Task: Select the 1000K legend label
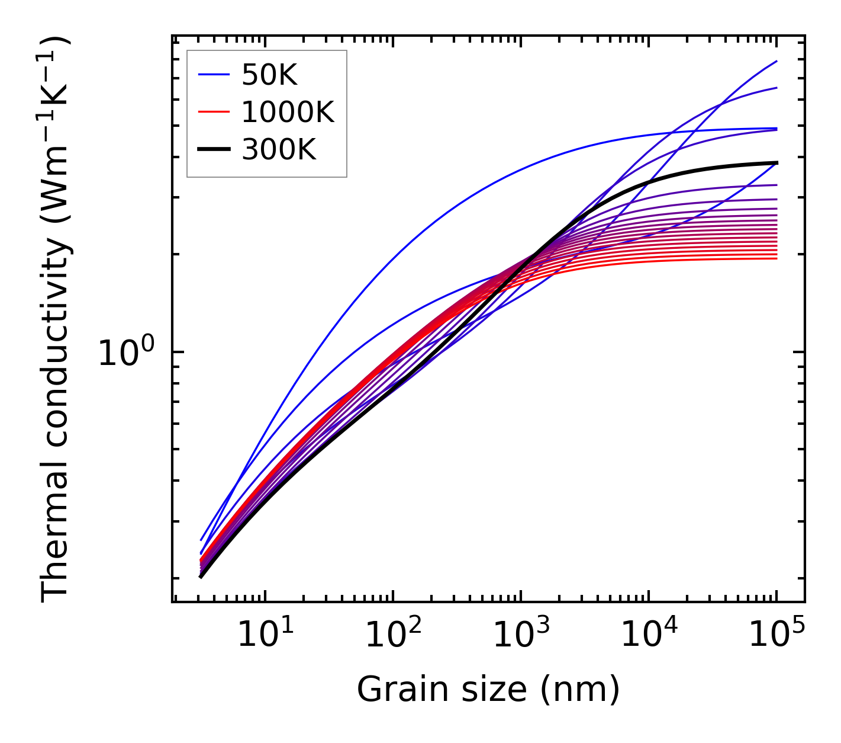point(288,112)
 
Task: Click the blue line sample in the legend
point(213,75)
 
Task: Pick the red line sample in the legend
point(213,112)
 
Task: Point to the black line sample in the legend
point(213,150)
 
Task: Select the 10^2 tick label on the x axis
point(392,636)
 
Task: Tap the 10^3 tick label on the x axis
point(520,636)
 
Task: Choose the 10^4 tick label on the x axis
point(649,636)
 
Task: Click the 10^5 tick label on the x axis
point(776,636)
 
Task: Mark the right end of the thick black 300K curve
point(776,162)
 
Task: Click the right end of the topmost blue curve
point(776,61)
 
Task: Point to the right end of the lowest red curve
point(776,258)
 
